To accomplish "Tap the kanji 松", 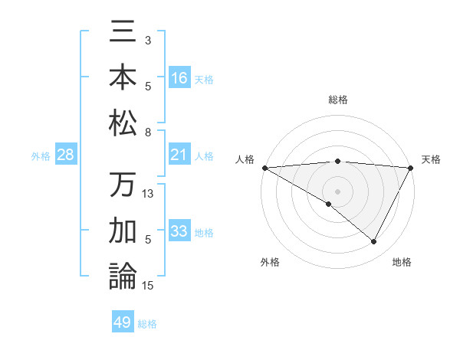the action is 123,123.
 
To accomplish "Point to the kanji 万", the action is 123,186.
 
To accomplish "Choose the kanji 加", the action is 123,231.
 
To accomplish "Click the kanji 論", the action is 123,277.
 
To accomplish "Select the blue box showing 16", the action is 179,77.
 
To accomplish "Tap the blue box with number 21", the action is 179,155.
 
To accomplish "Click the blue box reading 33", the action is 179,232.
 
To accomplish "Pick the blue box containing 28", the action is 66,155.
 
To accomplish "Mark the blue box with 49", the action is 123,322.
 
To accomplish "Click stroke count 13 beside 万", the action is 149,194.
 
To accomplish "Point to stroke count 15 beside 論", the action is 149,286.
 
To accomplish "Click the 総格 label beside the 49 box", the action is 147,324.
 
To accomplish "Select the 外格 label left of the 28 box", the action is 41,156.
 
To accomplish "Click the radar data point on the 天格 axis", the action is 412,168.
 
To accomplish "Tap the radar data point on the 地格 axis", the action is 374,242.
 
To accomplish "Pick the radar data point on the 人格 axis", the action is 264,168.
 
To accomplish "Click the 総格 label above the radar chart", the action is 337,100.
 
